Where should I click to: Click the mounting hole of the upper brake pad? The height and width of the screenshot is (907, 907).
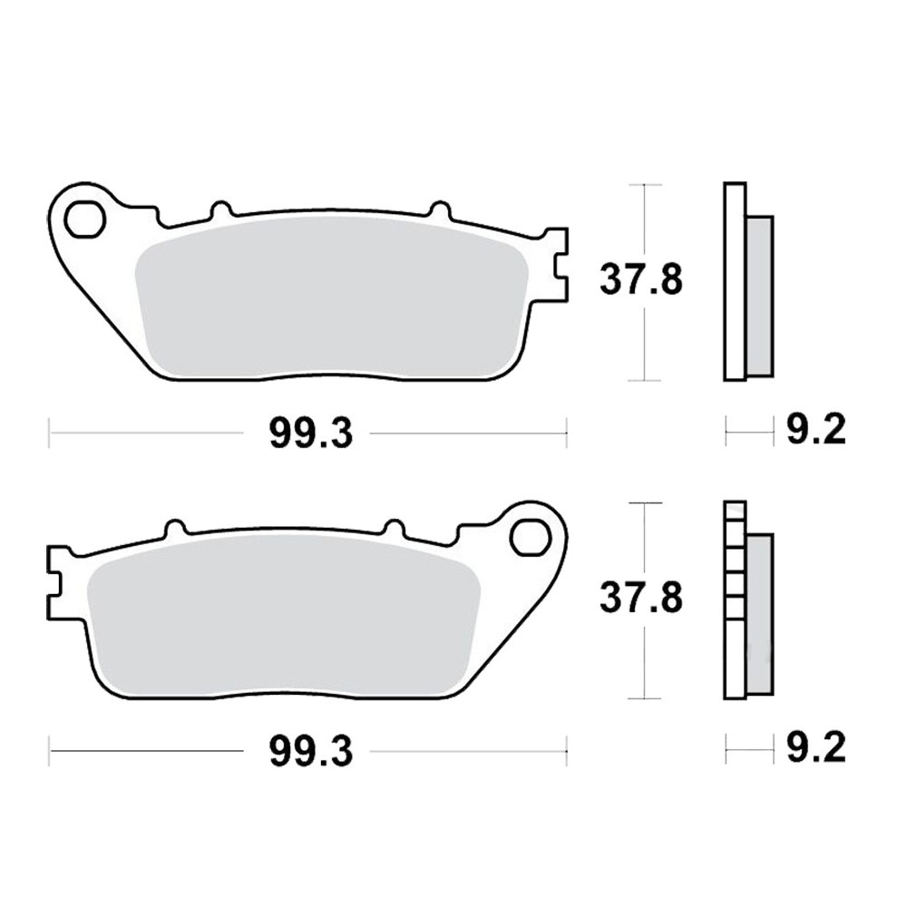[84, 219]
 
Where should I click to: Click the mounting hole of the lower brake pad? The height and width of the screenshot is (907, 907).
[530, 538]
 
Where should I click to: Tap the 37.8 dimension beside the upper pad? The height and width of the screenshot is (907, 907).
[641, 279]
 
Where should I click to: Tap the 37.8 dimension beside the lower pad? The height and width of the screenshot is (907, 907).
[641, 598]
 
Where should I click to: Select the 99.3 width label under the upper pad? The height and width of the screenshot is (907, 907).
[310, 434]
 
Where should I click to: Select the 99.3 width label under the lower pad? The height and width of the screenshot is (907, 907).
[310, 752]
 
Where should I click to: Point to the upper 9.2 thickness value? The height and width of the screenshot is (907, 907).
[816, 429]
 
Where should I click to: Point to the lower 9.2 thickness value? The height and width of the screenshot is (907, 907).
[816, 747]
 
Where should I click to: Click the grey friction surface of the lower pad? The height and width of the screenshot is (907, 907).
[283, 614]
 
